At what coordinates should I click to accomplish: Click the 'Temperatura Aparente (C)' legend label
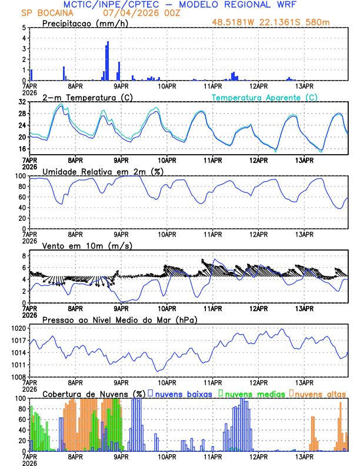coord(265,97)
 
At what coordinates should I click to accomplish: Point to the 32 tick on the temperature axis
coord(22,102)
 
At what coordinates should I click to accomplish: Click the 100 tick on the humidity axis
coord(20,176)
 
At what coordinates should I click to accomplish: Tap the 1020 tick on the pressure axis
coord(18,328)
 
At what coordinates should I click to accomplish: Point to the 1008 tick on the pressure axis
coord(18,377)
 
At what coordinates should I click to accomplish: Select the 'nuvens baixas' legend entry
coord(182,394)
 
